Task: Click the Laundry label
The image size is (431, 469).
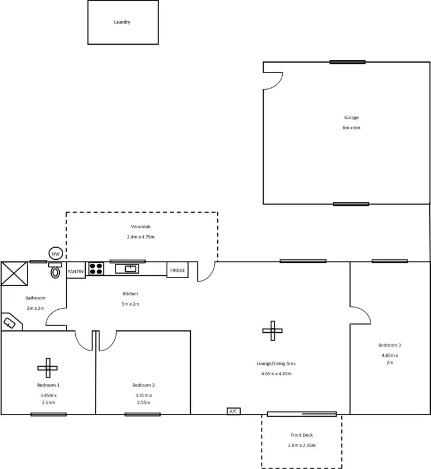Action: point(122,22)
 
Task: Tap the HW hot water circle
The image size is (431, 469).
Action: point(56,253)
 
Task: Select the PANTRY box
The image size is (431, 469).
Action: point(76,271)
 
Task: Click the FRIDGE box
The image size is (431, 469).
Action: point(178,270)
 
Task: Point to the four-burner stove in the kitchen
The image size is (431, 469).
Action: point(95,269)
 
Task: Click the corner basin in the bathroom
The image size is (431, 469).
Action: point(10,323)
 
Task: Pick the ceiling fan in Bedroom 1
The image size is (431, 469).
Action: point(48,367)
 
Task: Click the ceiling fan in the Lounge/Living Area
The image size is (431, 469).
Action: point(272,330)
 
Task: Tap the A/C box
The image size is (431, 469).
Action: point(233,412)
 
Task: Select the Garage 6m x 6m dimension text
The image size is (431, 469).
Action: point(351,128)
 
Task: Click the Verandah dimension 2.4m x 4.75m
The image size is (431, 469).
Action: point(141,237)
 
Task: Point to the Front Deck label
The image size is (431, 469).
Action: point(302,435)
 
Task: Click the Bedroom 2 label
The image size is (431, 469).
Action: point(143,385)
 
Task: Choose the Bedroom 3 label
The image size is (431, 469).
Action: point(389,345)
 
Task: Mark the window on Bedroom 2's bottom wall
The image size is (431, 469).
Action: point(143,414)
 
